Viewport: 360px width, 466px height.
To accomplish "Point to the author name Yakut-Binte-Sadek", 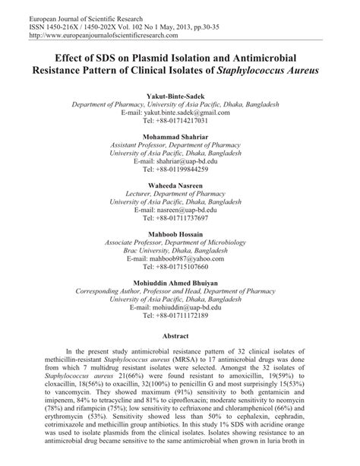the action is point(180,97).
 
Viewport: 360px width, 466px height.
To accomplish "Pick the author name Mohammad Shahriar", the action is point(180,137).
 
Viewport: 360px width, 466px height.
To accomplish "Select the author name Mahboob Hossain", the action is point(180,235).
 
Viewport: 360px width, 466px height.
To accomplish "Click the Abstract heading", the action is point(180,334).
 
